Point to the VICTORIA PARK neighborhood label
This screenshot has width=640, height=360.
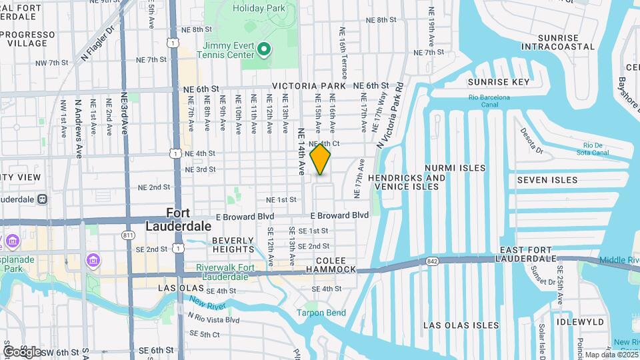pyautogui.click(x=309, y=86)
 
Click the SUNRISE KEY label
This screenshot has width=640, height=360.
pyautogui.click(x=498, y=82)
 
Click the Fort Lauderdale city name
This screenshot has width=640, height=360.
pyautogui.click(x=167, y=219)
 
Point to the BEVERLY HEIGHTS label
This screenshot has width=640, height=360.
pyautogui.click(x=233, y=245)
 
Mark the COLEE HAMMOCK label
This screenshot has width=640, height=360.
pyautogui.click(x=331, y=265)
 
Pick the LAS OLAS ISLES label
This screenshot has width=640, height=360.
pyautogui.click(x=461, y=325)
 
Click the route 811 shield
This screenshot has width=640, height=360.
pyautogui.click(x=129, y=235)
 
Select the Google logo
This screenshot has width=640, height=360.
pyautogui.click(x=21, y=351)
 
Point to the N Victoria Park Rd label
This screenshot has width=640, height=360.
pyautogui.click(x=391, y=115)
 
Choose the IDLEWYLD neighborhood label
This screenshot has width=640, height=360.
pyautogui.click(x=582, y=322)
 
